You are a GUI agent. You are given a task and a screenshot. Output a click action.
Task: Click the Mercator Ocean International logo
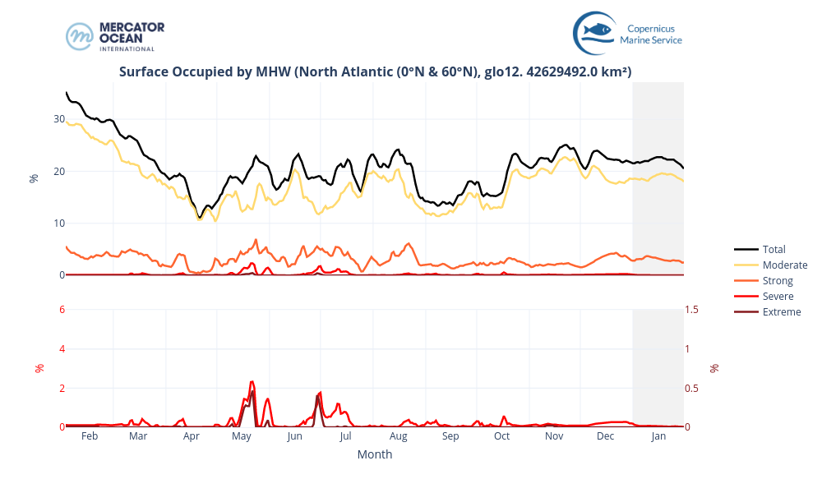pyautogui.click(x=115, y=36)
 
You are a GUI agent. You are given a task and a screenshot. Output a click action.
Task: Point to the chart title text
pyautogui.click(x=375, y=71)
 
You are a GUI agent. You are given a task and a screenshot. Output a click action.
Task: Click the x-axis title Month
pyautogui.click(x=375, y=454)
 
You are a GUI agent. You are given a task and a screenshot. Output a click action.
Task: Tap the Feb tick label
pyautogui.click(x=90, y=436)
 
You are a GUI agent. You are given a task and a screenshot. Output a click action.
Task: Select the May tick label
pyautogui.click(x=242, y=436)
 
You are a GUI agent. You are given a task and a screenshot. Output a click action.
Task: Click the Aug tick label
pyautogui.click(x=398, y=436)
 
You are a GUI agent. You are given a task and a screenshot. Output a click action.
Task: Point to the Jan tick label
pyautogui.click(x=658, y=436)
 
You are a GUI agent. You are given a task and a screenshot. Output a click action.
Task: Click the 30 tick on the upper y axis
pyautogui.click(x=59, y=119)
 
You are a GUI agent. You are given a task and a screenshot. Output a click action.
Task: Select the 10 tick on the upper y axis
pyautogui.click(x=59, y=223)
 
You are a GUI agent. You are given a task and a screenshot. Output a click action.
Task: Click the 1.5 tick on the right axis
pyautogui.click(x=693, y=309)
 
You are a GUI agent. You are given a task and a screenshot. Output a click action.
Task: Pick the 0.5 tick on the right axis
pyautogui.click(x=693, y=388)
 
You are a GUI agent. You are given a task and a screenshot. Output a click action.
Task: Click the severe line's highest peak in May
pyautogui.click(x=252, y=382)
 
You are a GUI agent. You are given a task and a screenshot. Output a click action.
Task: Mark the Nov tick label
pyautogui.click(x=554, y=436)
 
